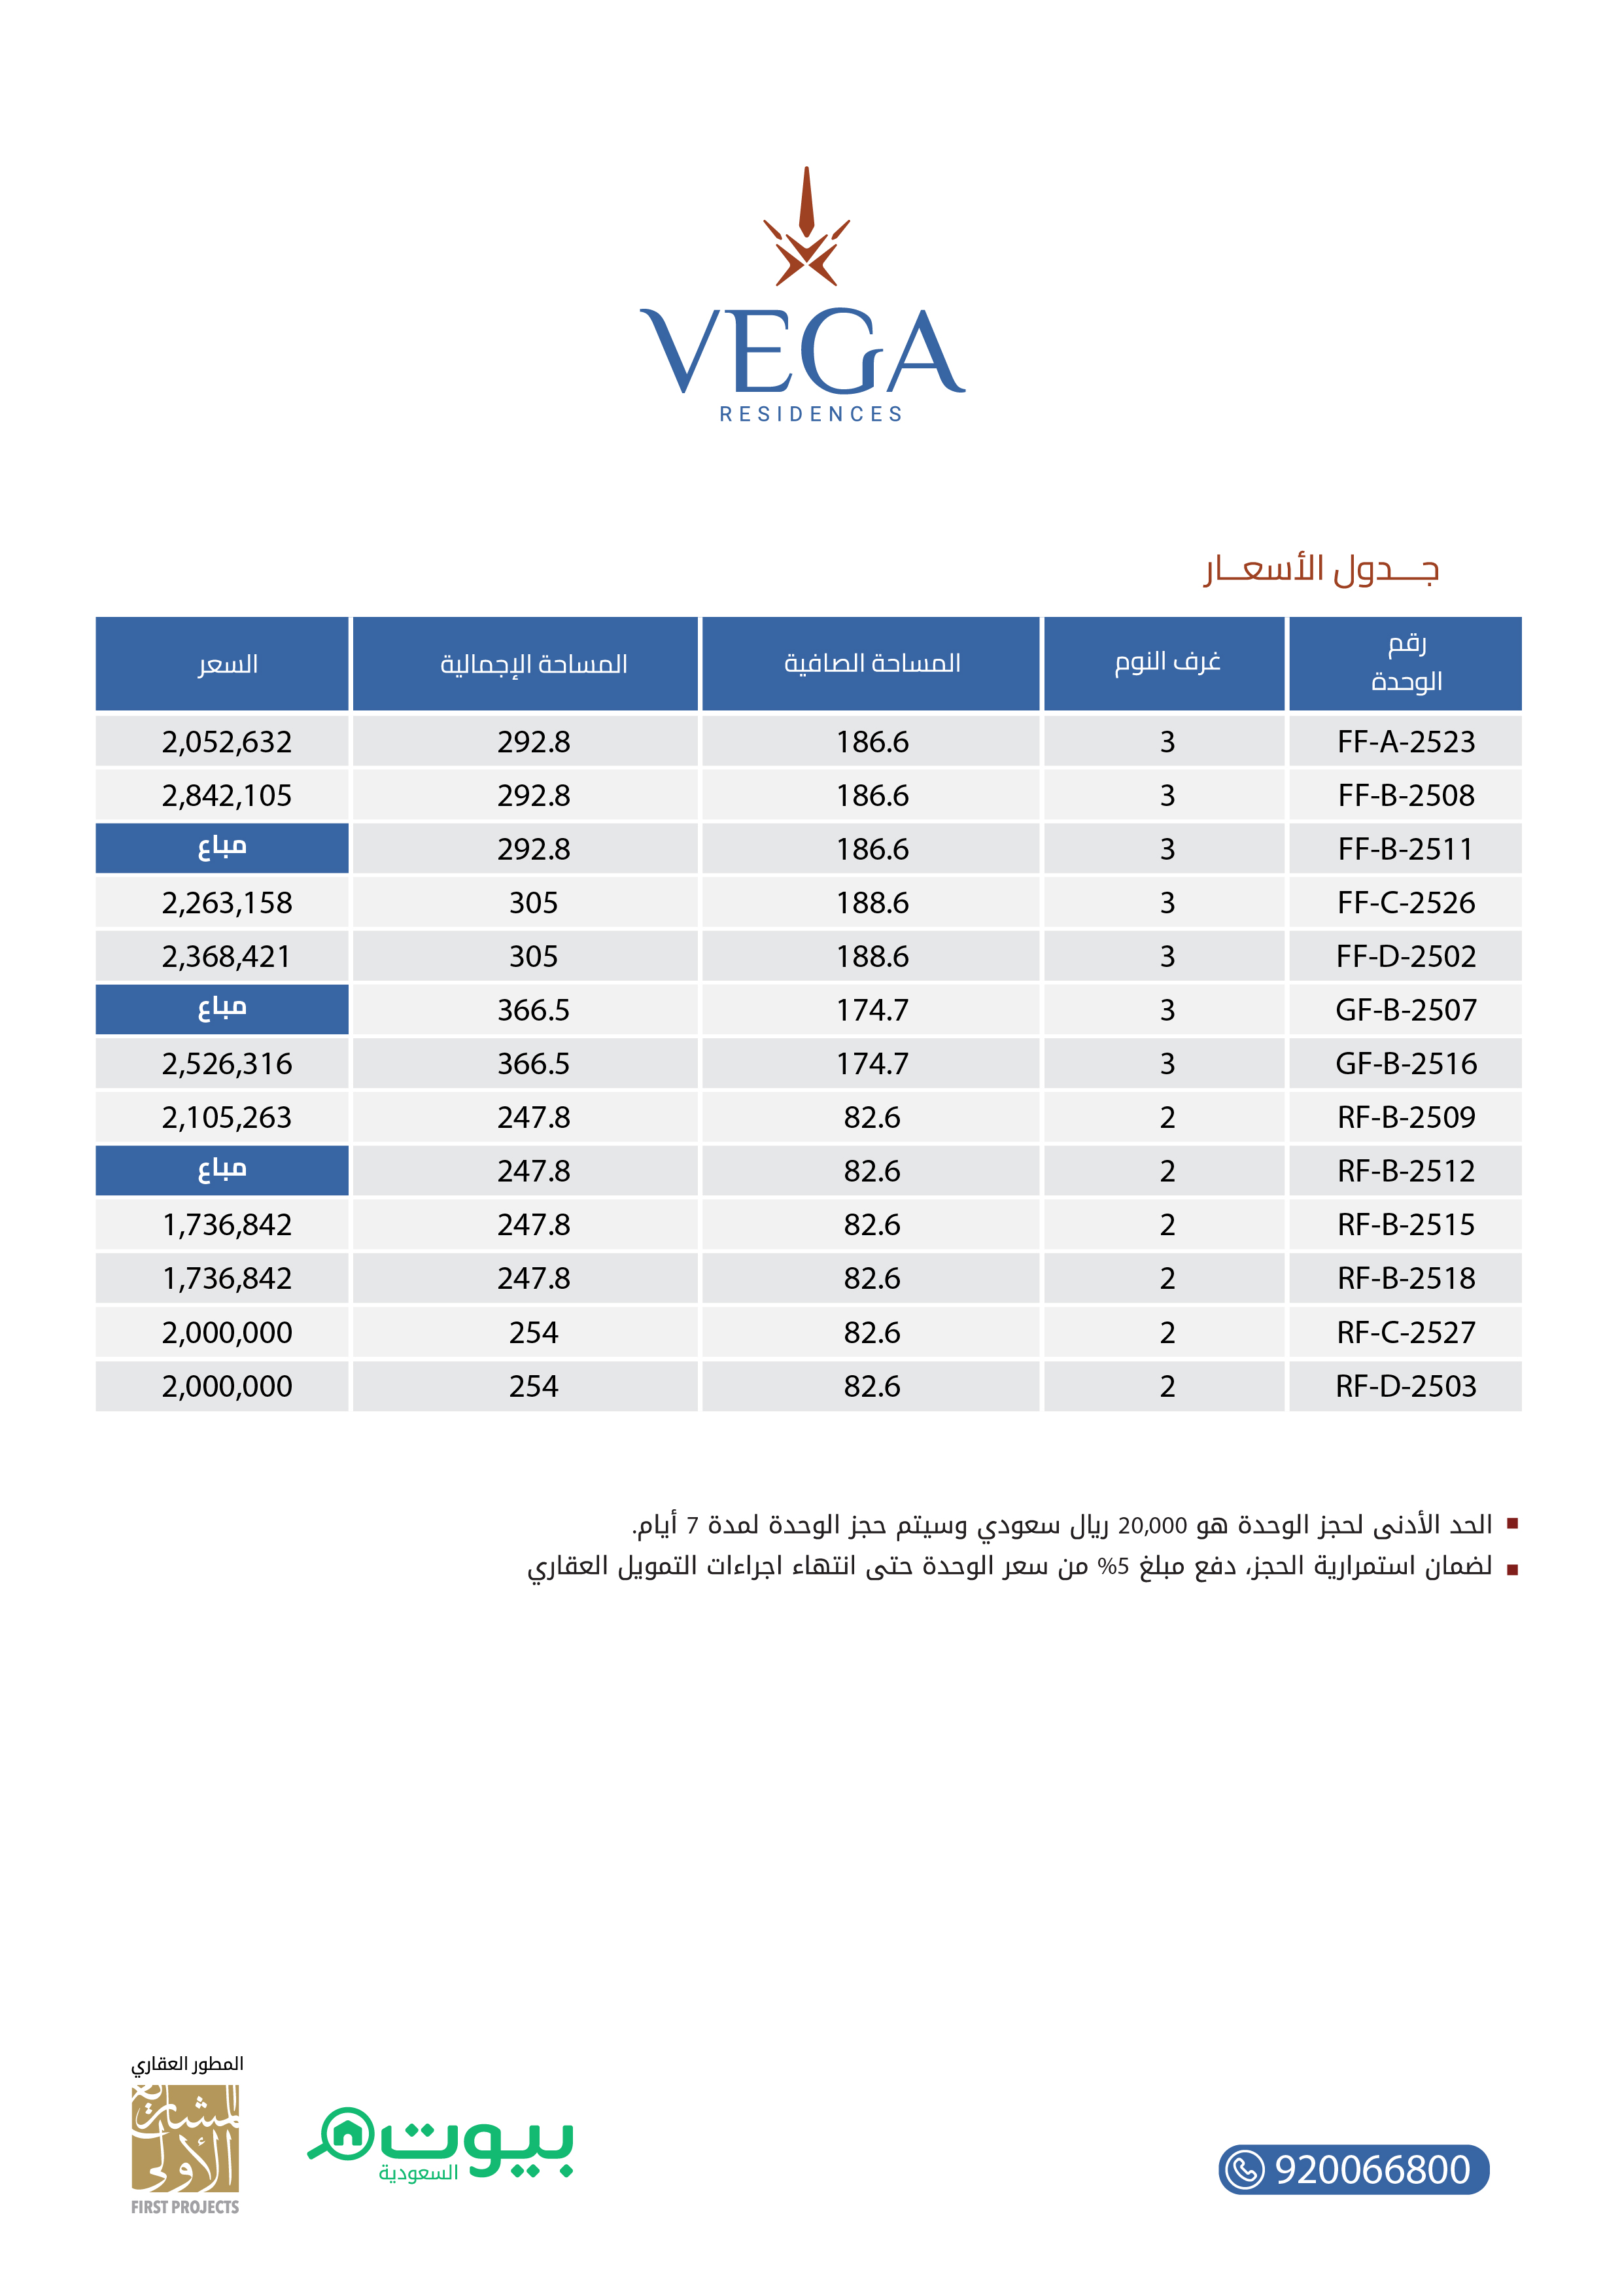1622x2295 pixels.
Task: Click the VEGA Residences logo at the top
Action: (x=802, y=299)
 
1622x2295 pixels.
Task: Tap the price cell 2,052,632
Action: (x=227, y=742)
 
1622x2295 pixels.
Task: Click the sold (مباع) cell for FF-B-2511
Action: (x=222, y=848)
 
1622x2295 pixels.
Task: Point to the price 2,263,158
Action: (x=227, y=903)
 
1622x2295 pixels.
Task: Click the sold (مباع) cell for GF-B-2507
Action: (x=222, y=1009)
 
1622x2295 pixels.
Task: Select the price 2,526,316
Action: (x=227, y=1064)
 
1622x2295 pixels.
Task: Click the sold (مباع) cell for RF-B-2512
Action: (x=222, y=1170)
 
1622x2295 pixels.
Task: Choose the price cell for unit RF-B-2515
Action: (x=227, y=1225)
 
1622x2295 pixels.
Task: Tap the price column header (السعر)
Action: (x=227, y=664)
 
